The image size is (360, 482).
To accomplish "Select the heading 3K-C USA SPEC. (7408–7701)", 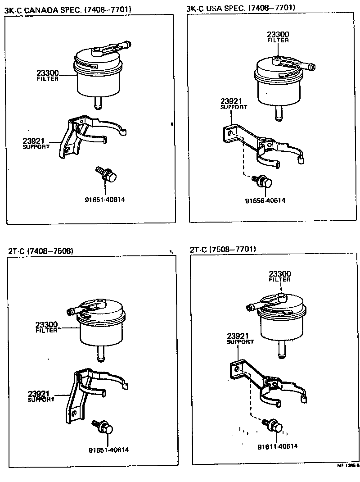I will pos(241,8).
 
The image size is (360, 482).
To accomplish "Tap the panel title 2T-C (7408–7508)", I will pos(40,251).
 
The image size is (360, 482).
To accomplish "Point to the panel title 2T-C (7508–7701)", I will pos(223,249).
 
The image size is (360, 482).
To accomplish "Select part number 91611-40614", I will pos(277,446).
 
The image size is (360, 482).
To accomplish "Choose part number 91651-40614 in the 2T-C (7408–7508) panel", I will pos(108,450).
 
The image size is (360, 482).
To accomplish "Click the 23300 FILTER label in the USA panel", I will pos(278,37).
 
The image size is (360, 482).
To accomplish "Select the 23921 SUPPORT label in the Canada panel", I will pos(36,143).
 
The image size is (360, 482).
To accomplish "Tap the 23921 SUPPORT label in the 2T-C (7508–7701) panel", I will pos(240,338).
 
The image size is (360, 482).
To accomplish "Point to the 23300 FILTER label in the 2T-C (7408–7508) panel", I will pos(46,327).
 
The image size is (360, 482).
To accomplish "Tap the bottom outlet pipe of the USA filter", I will pos(279,114).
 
